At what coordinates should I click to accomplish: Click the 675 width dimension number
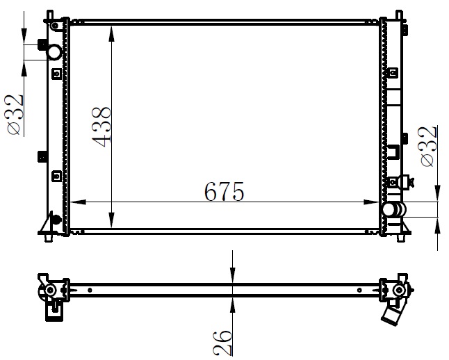coord(224,191)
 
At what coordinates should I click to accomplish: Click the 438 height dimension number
coord(101,127)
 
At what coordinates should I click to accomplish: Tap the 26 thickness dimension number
coord(222,343)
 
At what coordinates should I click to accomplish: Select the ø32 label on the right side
coord(429,147)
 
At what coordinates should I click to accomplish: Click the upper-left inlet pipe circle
coord(54,52)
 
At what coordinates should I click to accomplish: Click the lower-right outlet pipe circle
coord(389,210)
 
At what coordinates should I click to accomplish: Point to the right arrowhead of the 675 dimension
coord(372,202)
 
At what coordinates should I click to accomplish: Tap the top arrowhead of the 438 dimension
coord(112,34)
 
